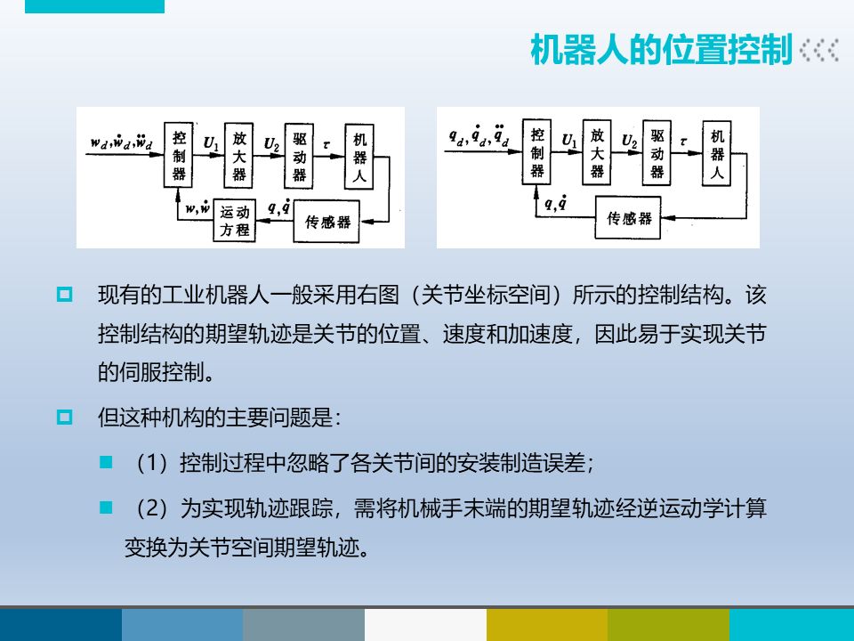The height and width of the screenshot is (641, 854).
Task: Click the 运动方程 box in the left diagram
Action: click(236, 220)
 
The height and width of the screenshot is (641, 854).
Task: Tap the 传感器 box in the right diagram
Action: click(630, 219)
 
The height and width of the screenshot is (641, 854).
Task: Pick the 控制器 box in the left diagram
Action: click(179, 154)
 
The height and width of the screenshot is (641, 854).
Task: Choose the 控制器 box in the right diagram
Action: click(537, 151)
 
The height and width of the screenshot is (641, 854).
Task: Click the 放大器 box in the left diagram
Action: click(239, 155)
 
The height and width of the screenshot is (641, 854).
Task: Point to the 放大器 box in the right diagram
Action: click(597, 151)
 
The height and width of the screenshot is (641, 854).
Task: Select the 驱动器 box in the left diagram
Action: click(300, 155)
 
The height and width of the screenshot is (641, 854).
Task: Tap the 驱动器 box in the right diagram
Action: click(657, 152)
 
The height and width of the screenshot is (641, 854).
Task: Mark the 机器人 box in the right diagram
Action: click(718, 151)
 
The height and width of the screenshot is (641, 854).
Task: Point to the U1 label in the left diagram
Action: click(210, 142)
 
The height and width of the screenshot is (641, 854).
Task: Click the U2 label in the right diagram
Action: click(629, 141)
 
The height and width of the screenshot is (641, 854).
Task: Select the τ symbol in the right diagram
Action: click(683, 141)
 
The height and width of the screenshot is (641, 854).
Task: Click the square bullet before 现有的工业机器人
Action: click(64, 293)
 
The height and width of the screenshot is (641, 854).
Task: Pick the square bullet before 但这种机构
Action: click(64, 417)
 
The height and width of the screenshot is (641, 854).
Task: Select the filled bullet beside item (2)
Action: click(107, 507)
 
